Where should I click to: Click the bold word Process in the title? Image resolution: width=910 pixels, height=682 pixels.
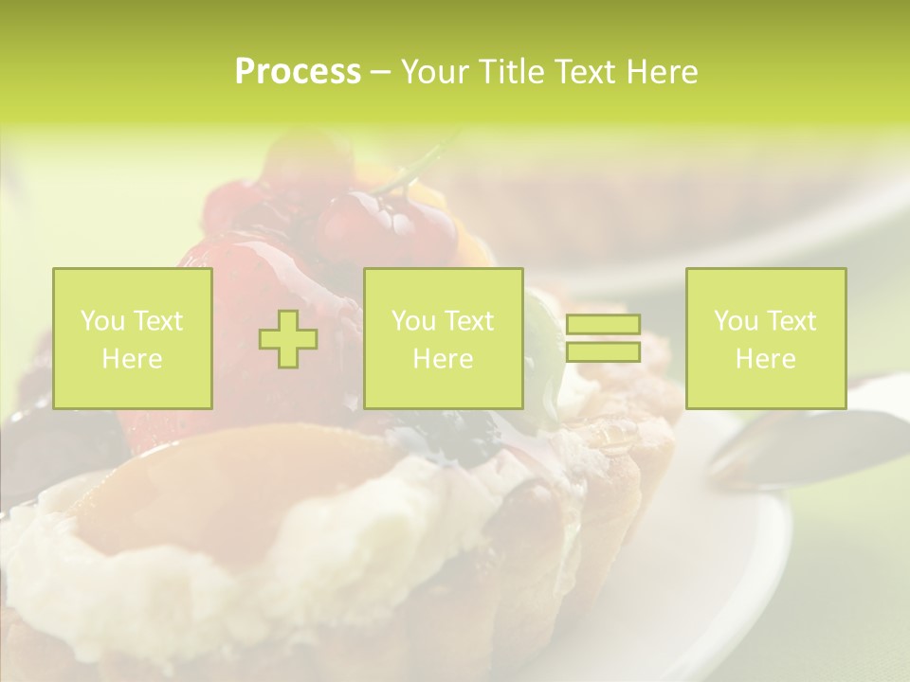[x=298, y=72]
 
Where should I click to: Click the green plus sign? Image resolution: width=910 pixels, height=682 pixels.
[x=288, y=339]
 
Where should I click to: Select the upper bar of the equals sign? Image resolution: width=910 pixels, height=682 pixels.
[x=603, y=325]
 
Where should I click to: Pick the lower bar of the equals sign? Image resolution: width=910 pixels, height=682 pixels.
[x=603, y=352]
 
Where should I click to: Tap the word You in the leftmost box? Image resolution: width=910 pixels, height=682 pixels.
[x=102, y=321]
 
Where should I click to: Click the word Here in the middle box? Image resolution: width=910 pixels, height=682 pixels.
[x=443, y=359]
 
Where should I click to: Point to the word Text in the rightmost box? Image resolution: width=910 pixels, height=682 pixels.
[x=792, y=321]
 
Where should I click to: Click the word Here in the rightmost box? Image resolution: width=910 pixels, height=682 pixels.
[x=765, y=359]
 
